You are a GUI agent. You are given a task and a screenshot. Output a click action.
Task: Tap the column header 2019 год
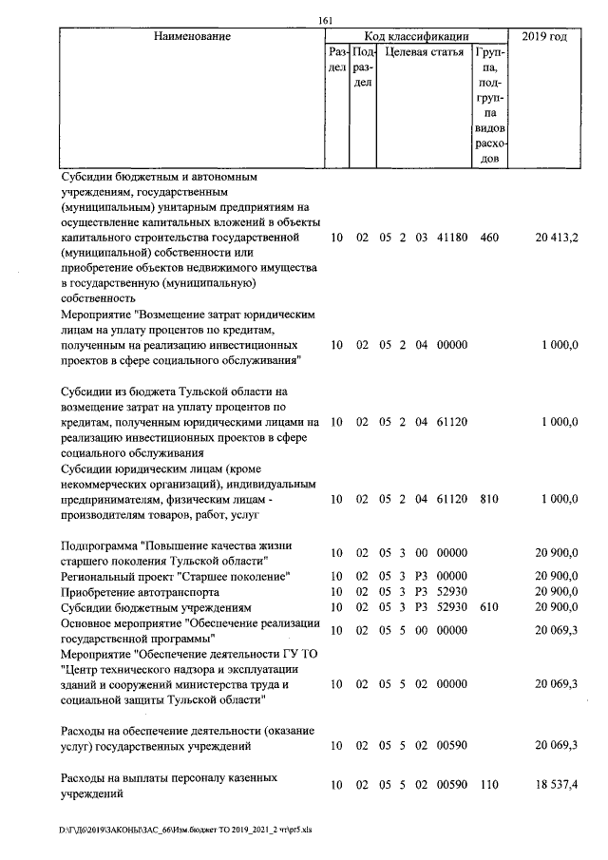[545, 37]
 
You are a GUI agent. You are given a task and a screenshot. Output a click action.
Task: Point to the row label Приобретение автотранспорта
[124, 591]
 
